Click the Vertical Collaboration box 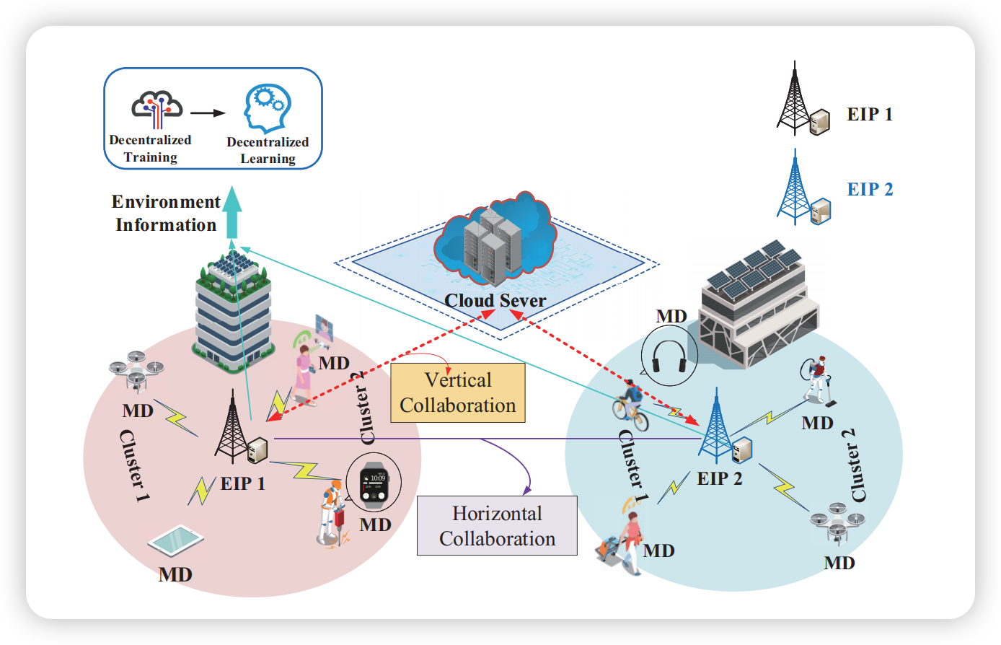[457, 392]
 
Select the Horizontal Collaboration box [497, 525]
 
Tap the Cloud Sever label [495, 300]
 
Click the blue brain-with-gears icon [267, 110]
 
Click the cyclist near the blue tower [630, 405]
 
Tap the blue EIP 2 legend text [870, 189]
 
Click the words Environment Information [166, 214]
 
